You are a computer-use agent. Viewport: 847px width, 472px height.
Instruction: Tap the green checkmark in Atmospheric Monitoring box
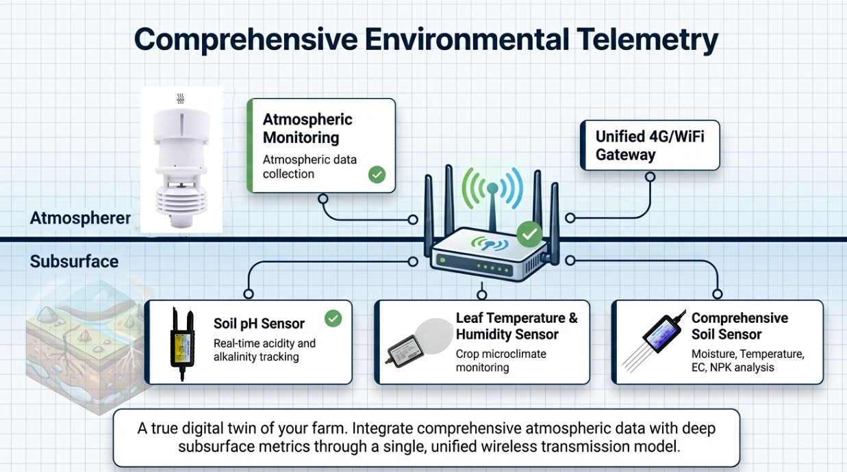(x=377, y=174)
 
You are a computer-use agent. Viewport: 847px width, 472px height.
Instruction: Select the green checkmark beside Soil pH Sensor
(x=333, y=318)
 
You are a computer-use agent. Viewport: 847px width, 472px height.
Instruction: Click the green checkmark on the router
(x=529, y=235)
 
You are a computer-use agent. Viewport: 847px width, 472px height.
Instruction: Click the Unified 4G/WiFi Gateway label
(x=649, y=145)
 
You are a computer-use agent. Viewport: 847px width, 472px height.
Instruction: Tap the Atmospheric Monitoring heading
(x=307, y=128)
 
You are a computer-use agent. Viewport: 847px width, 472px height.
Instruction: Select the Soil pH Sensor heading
(x=259, y=324)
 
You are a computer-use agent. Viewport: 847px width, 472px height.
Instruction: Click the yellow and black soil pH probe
(x=181, y=342)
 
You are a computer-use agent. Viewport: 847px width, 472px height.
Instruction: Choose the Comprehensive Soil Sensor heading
(x=739, y=326)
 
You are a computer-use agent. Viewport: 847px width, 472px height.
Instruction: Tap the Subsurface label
(x=74, y=261)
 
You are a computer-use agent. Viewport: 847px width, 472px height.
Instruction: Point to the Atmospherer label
(x=80, y=218)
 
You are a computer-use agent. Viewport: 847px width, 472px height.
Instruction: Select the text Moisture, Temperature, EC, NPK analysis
(x=746, y=360)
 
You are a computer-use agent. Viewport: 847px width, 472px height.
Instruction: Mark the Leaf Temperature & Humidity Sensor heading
(x=516, y=326)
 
